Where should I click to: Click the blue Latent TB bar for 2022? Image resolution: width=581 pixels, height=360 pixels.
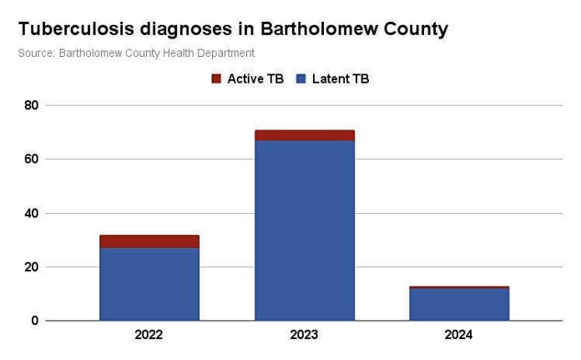click(149, 284)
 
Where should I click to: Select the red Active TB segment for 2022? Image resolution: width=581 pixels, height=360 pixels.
click(149, 241)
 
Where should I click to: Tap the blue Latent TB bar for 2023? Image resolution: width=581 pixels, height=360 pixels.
click(305, 230)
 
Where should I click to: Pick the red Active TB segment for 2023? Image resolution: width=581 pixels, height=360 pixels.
click(305, 135)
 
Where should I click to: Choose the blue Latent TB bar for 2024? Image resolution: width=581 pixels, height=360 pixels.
click(459, 304)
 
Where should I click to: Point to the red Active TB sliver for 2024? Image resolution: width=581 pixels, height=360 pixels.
click(459, 287)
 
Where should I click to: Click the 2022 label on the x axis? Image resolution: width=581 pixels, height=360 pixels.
click(149, 335)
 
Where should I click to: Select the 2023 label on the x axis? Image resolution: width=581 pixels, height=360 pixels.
click(305, 335)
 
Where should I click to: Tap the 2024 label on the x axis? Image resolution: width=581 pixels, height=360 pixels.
click(459, 335)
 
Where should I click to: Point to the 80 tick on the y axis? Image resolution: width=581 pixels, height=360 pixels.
click(31, 105)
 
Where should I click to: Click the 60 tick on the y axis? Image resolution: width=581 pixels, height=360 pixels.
click(31, 160)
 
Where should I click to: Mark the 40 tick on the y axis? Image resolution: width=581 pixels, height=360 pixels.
click(31, 213)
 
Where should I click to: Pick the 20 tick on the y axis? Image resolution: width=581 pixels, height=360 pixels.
click(31, 267)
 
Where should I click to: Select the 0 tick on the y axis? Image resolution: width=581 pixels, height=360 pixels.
click(35, 321)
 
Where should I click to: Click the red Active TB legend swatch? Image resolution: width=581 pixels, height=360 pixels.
click(216, 79)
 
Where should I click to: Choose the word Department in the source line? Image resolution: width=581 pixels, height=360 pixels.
click(226, 53)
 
